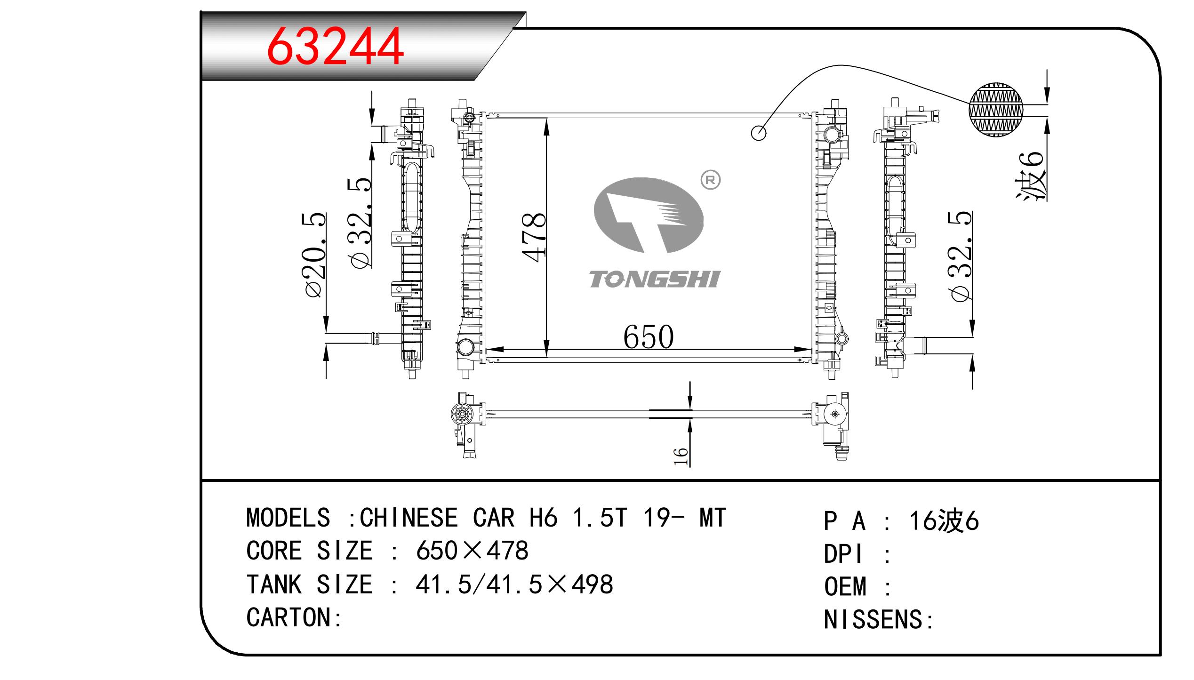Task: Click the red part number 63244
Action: coord(335,46)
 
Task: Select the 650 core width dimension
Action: coord(649,337)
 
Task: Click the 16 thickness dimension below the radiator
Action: coord(681,456)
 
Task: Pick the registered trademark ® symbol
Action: coord(711,180)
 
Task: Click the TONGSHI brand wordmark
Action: coord(654,280)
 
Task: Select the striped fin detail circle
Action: coord(996,110)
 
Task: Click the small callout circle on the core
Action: coord(759,133)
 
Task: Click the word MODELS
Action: coord(288,518)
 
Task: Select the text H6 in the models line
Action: coord(544,518)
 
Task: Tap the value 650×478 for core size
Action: coord(472,551)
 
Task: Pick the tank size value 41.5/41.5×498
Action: coord(514,584)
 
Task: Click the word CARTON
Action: coord(288,617)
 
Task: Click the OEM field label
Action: coord(845,586)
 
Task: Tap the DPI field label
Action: coord(843,554)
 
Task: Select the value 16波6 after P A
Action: coord(944,521)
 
